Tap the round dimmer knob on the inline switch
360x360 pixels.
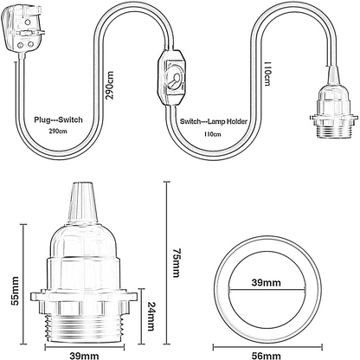coord(175,78)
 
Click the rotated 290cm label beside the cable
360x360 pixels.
coord(110,85)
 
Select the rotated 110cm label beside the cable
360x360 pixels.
coord(267,74)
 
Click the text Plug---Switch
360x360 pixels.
coord(58,119)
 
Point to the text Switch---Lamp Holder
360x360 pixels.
coord(214,121)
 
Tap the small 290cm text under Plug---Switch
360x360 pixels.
coord(58,132)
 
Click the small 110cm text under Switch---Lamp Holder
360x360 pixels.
coord(213,134)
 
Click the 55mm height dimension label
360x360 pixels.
coord(15,291)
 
